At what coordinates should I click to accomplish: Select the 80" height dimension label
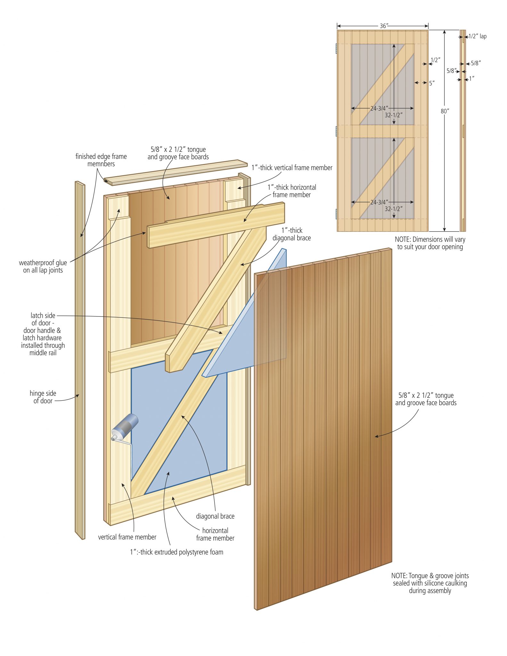point(445,111)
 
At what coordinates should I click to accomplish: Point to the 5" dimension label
point(432,83)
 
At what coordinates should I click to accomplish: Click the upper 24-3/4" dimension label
point(379,109)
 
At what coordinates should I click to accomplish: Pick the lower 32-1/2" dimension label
point(394,209)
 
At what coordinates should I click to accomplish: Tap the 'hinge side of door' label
point(43,397)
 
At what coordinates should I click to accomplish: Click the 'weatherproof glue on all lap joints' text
point(43,266)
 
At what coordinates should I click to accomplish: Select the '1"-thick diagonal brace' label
point(291,234)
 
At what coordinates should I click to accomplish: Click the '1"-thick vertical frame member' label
point(292,168)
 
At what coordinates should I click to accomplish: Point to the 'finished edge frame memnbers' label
point(101,160)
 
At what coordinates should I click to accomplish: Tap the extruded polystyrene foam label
point(176,552)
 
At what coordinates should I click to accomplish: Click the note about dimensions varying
point(430,243)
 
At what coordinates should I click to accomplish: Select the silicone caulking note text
point(430,583)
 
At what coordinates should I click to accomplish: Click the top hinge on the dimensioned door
point(336,48)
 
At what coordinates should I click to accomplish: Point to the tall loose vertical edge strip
point(80,359)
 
